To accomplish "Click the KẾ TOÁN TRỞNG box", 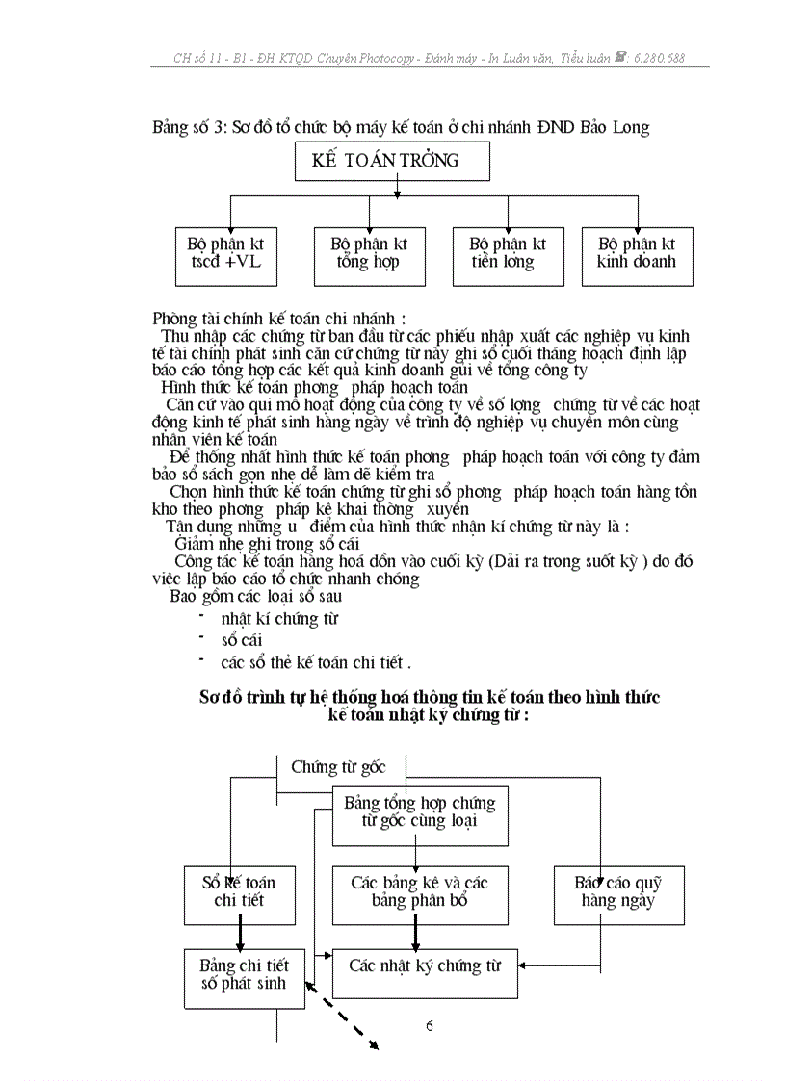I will pos(392,161).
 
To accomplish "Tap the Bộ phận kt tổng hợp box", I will pos(369,255).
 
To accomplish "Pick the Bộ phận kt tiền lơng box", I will pos(508,255).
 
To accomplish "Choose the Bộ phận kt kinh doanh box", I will pos(637,255).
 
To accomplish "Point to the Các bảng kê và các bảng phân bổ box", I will pos(420,893).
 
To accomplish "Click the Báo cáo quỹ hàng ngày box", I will pos(618,893).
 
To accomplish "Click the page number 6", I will pos(430,1026).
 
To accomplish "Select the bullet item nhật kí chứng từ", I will pos(279,619).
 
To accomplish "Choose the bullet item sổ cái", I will pos(242,640).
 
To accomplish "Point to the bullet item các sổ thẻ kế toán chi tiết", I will pos(315,662).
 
